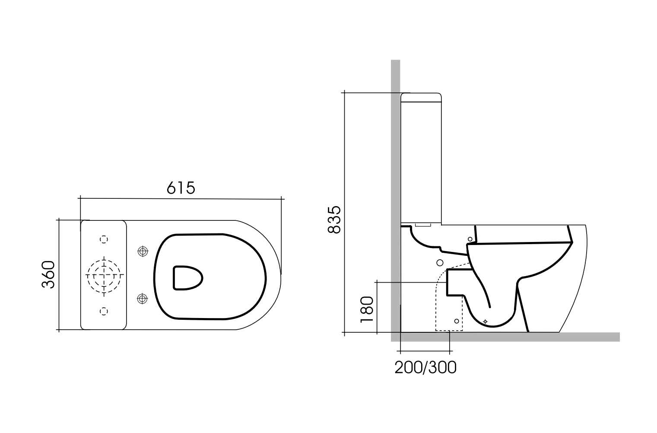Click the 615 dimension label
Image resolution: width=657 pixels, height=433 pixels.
click(x=181, y=188)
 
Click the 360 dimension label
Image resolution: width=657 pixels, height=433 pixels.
click(x=48, y=275)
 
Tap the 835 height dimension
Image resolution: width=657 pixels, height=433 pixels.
click(x=334, y=220)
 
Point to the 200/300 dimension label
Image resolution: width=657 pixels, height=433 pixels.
click(x=425, y=367)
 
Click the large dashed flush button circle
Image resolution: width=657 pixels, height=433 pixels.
click(x=104, y=275)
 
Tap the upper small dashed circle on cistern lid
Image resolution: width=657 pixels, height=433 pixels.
click(x=104, y=239)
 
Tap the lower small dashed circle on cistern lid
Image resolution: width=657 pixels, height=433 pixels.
click(x=104, y=310)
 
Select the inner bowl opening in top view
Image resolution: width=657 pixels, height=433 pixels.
click(x=187, y=277)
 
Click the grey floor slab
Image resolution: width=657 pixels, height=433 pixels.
click(x=518, y=337)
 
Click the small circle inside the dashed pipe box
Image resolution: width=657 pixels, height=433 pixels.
click(x=457, y=321)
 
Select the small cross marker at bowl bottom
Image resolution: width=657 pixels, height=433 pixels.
click(x=485, y=322)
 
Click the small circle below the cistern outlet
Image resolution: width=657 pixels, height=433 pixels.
click(x=440, y=262)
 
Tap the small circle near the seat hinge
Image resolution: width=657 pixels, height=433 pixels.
click(x=470, y=239)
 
